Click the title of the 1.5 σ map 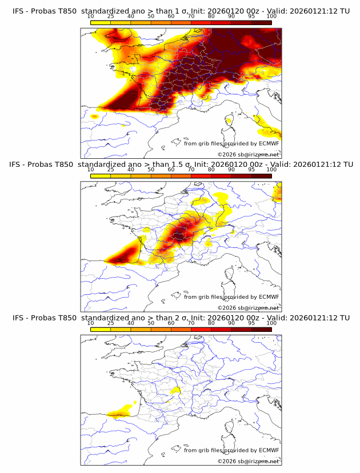(181, 164)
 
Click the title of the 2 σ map (181, 318)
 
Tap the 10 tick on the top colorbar (91, 16)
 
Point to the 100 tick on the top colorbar (271, 16)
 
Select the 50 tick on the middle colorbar (151, 170)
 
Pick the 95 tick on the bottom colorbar (251, 323)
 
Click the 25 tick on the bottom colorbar (110, 323)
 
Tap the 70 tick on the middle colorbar (191, 170)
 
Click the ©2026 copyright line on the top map (248, 155)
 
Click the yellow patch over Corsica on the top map (229, 121)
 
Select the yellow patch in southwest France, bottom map (122, 411)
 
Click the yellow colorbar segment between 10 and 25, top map (101, 22)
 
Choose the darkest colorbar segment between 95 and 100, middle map (261, 176)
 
